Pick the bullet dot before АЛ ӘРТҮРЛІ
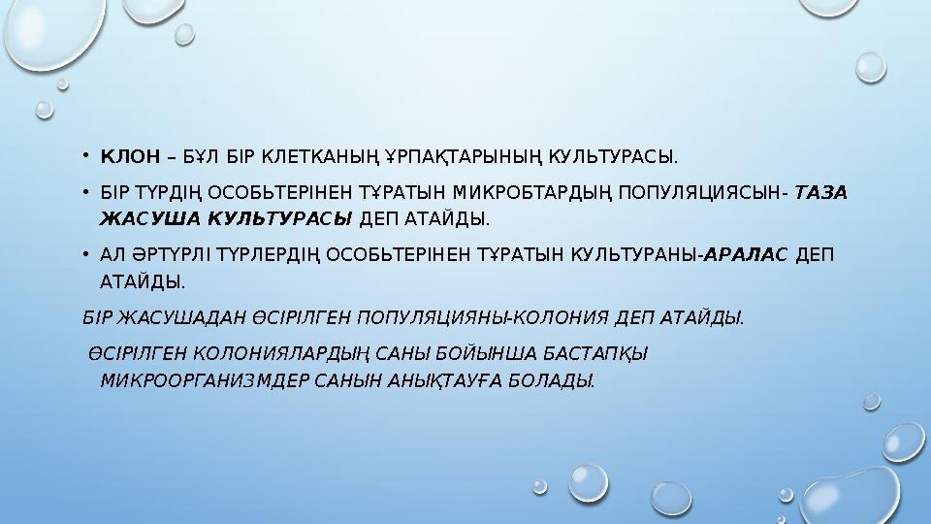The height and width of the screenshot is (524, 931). pyautogui.click(x=85, y=255)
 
